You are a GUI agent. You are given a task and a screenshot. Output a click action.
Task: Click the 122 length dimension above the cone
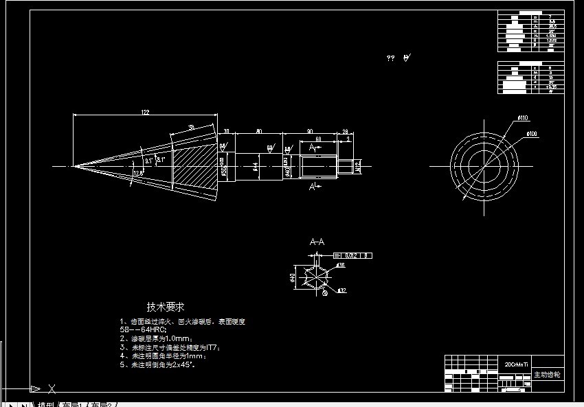pos(145,113)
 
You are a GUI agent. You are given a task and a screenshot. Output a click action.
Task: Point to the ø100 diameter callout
pos(532,133)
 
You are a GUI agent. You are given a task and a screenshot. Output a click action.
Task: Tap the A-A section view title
pos(317,242)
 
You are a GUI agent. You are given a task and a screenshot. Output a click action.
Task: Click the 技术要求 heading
pos(165,307)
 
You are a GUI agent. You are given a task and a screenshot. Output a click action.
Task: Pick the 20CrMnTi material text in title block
pos(516,365)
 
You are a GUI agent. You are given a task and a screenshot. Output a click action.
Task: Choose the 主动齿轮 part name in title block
pos(547,375)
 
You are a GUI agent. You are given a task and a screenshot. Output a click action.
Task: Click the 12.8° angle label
pos(138,173)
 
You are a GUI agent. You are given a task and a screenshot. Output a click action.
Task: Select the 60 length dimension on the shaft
pos(319,139)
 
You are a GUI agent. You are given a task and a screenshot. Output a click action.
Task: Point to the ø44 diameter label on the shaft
pos(254,165)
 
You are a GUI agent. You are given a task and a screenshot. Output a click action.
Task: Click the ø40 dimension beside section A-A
pos(293,279)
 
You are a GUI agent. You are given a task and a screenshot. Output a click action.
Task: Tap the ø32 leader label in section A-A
pos(341,290)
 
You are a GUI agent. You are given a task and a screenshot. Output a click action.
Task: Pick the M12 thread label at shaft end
pos(359,165)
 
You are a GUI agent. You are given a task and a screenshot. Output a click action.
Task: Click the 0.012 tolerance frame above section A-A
pos(353,255)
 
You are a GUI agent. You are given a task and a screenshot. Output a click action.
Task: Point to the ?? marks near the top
pos(391,59)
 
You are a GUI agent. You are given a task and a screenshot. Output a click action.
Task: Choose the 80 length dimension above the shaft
pos(258,130)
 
